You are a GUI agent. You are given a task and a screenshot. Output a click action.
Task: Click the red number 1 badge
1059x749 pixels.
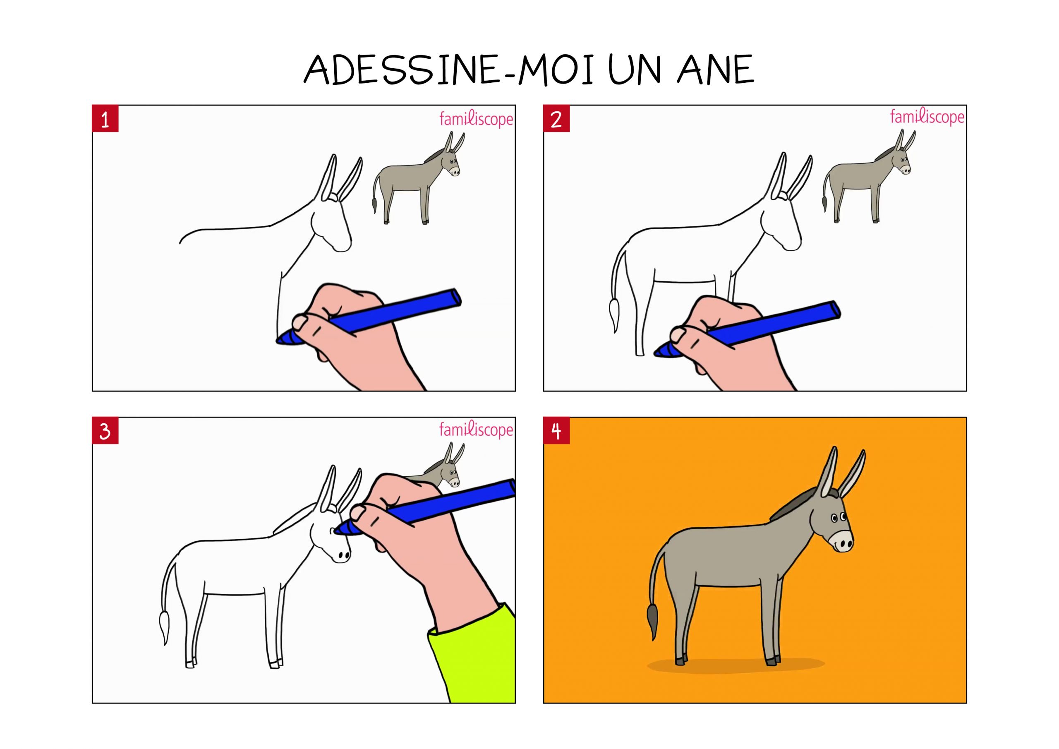tap(105, 119)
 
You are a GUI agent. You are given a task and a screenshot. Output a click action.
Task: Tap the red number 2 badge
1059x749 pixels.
tap(556, 119)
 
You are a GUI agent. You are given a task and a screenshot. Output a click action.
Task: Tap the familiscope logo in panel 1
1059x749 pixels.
tap(476, 119)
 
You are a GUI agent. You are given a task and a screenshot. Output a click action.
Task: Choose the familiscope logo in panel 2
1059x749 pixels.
tap(927, 117)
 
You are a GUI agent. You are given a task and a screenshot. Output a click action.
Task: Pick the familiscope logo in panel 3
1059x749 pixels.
tap(476, 430)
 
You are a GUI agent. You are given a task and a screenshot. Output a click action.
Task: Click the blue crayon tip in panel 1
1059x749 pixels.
tap(281, 340)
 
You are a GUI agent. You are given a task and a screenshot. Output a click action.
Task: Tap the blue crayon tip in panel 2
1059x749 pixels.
tap(659, 352)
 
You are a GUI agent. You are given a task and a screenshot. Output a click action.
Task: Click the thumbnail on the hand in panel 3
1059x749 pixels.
tap(357, 512)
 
